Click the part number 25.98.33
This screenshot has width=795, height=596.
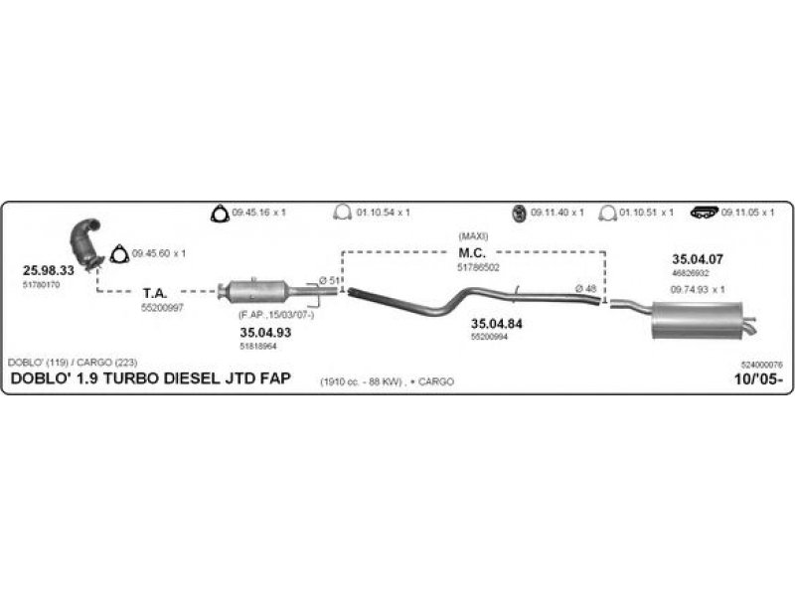point(49,270)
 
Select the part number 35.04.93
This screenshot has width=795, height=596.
point(265,332)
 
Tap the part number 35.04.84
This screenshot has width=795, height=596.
point(496,324)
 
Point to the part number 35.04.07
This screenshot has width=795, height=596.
point(698,259)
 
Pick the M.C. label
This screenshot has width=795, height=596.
point(472,252)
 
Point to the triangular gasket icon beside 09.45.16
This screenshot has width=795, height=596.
point(218,213)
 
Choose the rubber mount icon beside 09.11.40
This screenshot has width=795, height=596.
point(518,213)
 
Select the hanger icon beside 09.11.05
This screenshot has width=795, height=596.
point(705,213)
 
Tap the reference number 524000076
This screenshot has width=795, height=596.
point(762,366)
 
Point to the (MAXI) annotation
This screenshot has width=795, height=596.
point(472,236)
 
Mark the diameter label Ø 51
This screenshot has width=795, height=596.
point(330,280)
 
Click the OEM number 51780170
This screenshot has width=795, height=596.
point(42,285)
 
